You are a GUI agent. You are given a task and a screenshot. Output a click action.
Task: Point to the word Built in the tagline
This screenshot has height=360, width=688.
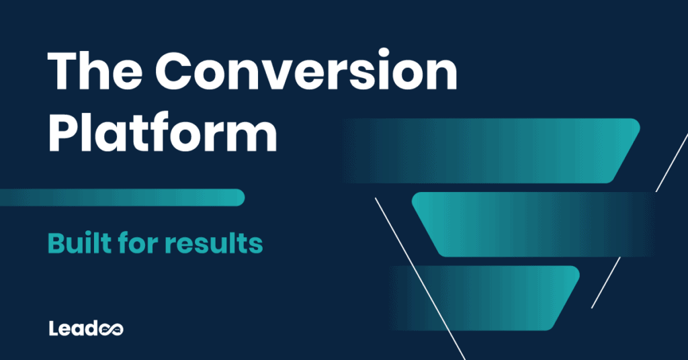81,243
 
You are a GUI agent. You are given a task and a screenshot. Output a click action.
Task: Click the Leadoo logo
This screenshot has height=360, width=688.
86,328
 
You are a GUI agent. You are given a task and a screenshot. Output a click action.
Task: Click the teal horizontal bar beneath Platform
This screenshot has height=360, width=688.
121,197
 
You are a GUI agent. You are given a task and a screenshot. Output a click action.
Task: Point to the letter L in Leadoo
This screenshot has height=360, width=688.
54,328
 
